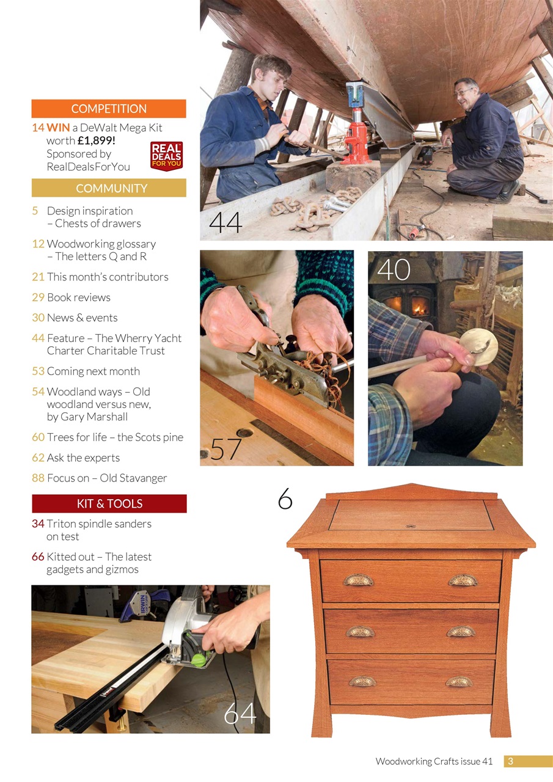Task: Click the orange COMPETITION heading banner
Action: [x=109, y=109]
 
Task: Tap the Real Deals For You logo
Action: [x=166, y=156]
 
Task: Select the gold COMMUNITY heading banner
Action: [x=109, y=188]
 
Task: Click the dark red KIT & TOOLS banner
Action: [x=109, y=503]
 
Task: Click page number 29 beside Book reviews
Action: [x=38, y=298]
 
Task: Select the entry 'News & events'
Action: [x=82, y=318]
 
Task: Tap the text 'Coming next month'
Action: [x=93, y=371]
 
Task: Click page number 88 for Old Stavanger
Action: [x=38, y=478]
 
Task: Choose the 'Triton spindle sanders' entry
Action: [x=98, y=524]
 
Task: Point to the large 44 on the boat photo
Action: [x=225, y=222]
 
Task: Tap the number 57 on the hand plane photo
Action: [x=227, y=449]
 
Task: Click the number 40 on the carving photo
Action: [x=394, y=269]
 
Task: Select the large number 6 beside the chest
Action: [x=285, y=499]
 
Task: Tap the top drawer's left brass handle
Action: [x=357, y=580]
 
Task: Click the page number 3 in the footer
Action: [x=510, y=761]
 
